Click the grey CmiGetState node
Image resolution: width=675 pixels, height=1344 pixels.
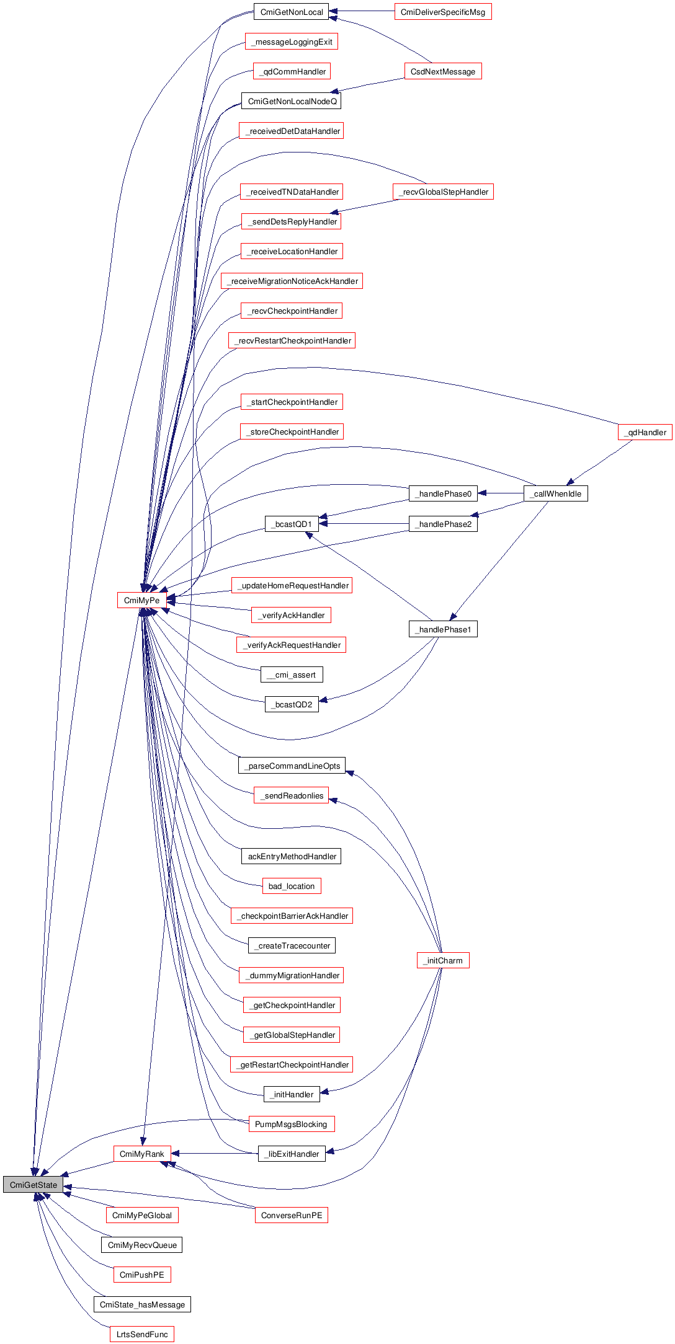[33, 1185]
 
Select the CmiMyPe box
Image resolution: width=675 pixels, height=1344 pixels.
[141, 600]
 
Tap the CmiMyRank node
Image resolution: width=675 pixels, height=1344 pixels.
[141, 1154]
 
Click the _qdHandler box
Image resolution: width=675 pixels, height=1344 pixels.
[645, 432]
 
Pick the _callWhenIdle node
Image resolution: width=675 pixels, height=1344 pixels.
[555, 493]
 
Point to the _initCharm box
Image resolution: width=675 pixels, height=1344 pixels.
[443, 960]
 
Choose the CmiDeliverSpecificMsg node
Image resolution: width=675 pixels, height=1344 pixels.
[443, 12]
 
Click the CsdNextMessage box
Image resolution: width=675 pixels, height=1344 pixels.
[443, 71]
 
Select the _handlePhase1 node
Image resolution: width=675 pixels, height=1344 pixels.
[443, 629]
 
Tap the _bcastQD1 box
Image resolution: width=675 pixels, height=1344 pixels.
[292, 524]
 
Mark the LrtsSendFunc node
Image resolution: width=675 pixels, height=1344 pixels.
[142, 1334]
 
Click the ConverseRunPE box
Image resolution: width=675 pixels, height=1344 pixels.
[291, 1215]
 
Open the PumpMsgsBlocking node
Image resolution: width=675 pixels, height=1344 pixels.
[291, 1124]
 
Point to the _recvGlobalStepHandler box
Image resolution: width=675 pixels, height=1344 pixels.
[443, 192]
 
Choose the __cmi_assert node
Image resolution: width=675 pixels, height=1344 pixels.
[292, 674]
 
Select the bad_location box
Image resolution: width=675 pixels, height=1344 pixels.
[292, 886]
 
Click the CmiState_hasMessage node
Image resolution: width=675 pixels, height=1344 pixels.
[142, 1304]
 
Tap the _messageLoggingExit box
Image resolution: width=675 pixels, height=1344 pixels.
[292, 42]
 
